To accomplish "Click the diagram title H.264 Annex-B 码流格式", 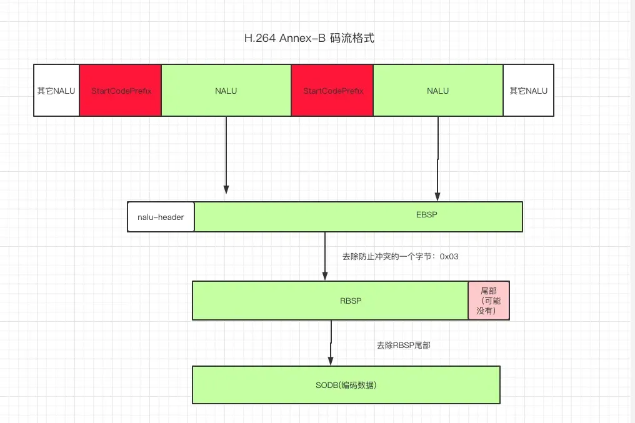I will coord(309,39).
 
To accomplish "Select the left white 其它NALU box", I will coord(56,91).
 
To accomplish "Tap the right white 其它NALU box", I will coord(528,91).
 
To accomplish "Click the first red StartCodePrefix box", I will coord(121,91).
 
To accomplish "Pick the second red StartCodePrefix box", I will coord(332,91).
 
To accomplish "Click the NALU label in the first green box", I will coord(226,91).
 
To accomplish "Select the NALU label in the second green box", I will coord(437,91).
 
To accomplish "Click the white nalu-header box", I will coord(161,217).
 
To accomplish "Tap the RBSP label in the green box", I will coord(351,301).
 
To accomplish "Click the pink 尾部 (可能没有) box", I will coord(489,301).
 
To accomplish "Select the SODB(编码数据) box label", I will coord(346,385).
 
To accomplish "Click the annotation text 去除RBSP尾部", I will coord(403,345).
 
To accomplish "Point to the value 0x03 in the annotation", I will coord(449,256).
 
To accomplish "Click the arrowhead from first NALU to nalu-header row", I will coord(226,189).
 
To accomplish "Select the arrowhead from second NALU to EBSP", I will coord(437,196).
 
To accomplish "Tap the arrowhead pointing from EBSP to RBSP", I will coord(325,275).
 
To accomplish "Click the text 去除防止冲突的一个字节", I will coord(387,256).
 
